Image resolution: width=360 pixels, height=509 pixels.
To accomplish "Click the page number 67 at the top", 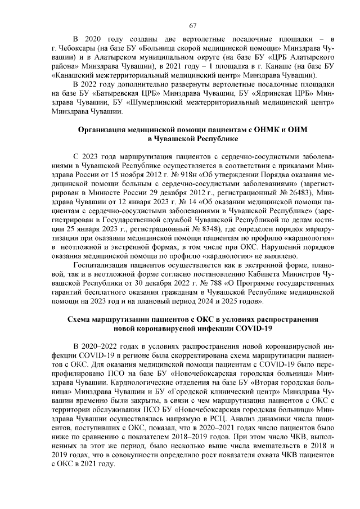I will (x=192, y=25).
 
